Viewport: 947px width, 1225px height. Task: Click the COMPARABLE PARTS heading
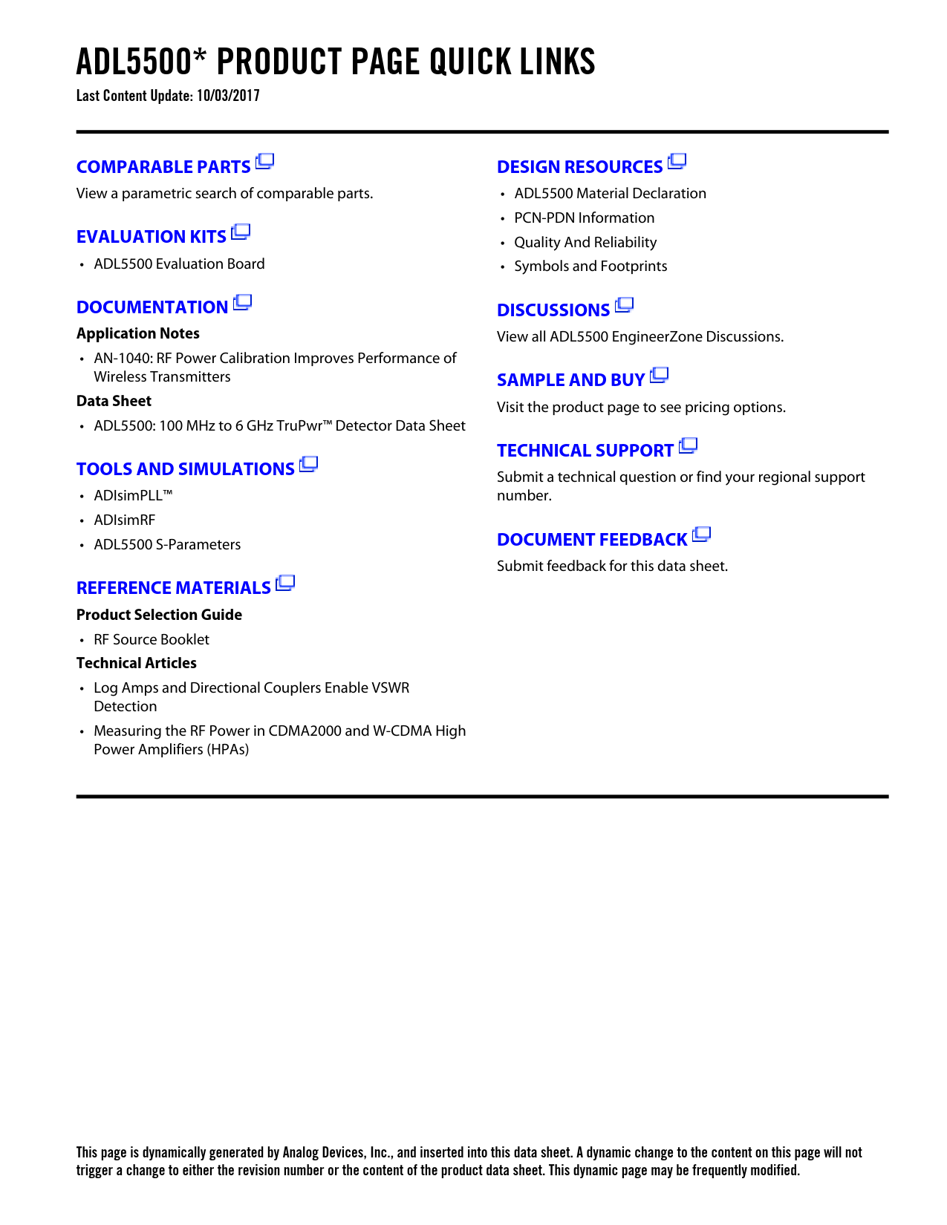pos(163,167)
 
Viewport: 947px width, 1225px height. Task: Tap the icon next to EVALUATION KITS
pos(241,232)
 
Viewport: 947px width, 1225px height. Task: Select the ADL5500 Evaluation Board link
pos(179,264)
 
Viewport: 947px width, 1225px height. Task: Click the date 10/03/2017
pos(228,96)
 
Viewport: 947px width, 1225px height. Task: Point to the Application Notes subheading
pos(137,333)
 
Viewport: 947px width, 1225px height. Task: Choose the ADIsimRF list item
pos(124,520)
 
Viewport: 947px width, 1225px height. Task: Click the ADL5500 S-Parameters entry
pos(167,545)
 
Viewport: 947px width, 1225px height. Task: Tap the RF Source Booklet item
pos(152,640)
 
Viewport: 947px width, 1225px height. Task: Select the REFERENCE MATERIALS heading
pos(173,588)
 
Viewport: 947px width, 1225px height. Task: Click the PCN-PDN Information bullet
pos(584,218)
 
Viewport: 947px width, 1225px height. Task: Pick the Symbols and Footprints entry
pos(590,267)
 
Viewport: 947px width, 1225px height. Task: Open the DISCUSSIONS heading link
pos(553,310)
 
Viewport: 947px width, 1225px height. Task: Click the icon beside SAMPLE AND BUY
pos(660,376)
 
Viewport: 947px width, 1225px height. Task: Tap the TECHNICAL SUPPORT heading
pos(585,451)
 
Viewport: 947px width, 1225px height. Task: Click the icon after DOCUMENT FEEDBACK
pos(702,535)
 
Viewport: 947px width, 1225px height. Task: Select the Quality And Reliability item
pos(585,243)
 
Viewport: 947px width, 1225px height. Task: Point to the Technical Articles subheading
pos(137,664)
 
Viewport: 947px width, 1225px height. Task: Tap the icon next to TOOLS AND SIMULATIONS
pos(309,465)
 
